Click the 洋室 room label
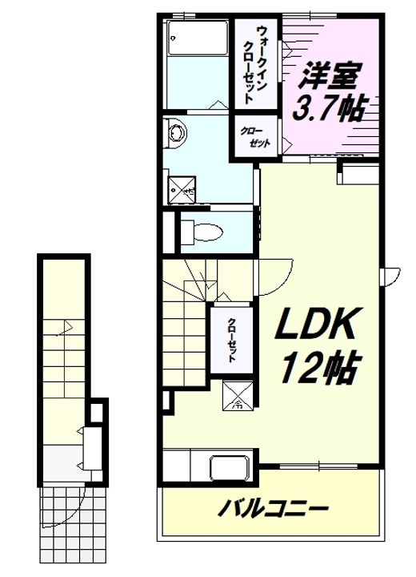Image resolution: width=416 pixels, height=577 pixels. pyautogui.click(x=330, y=76)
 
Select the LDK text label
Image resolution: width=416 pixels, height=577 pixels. pyautogui.click(x=316, y=324)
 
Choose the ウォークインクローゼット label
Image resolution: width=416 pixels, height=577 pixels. pyautogui.click(x=256, y=63)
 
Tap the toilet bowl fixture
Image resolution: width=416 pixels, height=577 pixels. pyautogui.click(x=202, y=232)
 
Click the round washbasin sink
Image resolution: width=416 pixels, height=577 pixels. pyautogui.click(x=176, y=133)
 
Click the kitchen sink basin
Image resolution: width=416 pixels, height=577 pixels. pyautogui.click(x=230, y=468)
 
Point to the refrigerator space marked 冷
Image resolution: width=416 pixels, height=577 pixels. pyautogui.click(x=238, y=396)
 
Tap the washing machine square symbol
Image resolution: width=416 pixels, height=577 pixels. pyautogui.click(x=182, y=189)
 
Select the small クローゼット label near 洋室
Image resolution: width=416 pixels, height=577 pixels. pyautogui.click(x=255, y=137)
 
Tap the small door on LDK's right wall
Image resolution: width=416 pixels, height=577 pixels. pyautogui.click(x=390, y=276)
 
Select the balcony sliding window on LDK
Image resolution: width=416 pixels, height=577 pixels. pyautogui.click(x=318, y=466)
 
